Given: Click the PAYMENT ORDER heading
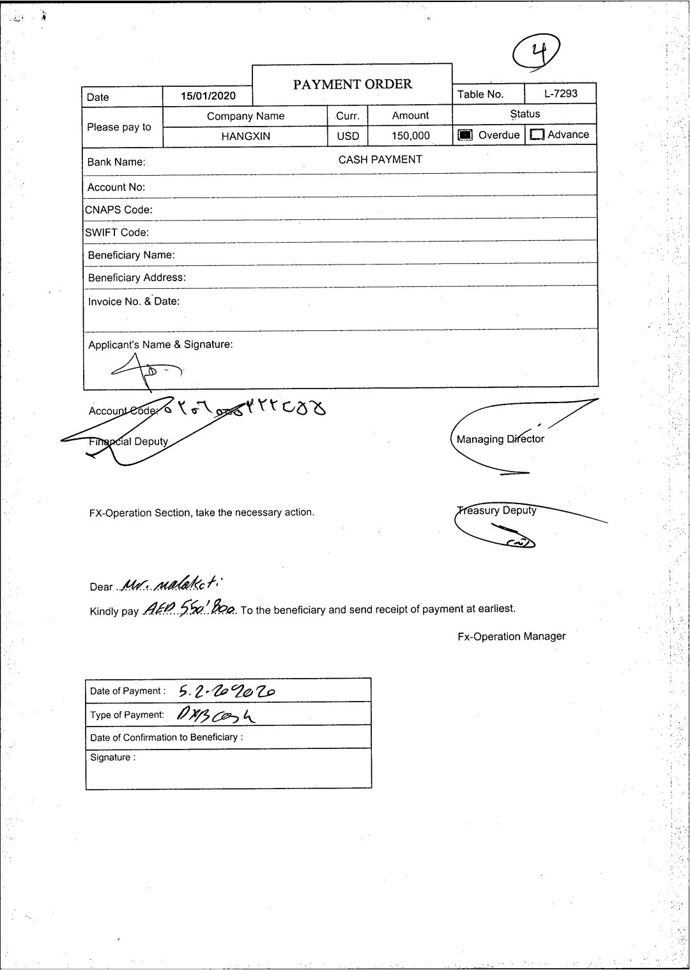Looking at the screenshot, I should [352, 84].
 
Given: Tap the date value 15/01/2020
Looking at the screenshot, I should [208, 96].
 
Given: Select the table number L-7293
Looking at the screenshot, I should [560, 93].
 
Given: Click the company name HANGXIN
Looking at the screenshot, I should [245, 136].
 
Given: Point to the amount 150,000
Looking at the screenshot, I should [410, 135].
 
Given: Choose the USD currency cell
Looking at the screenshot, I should [348, 136].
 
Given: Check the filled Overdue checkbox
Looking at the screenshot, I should [465, 135].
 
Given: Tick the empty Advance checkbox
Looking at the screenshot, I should [537, 135].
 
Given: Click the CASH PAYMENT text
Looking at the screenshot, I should [380, 160].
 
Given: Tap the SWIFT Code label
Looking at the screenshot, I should [117, 232].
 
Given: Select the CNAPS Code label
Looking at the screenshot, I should [118, 210].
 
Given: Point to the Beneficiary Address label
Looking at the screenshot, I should [137, 277].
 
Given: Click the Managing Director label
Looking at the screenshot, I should [500, 439].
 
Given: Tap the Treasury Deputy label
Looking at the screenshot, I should [497, 510].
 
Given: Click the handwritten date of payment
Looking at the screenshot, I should [227, 690].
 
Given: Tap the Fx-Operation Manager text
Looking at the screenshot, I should [511, 636].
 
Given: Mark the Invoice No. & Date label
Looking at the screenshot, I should [134, 302].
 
